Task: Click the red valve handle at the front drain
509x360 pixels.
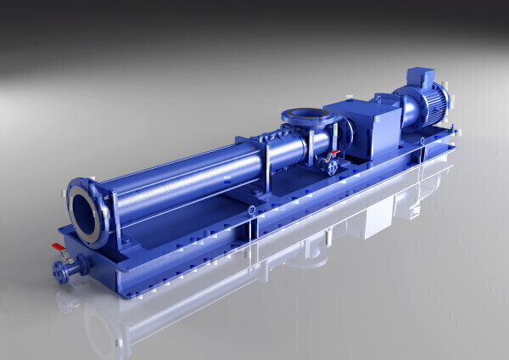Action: click(57, 247)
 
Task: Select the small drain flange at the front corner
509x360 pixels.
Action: click(61, 271)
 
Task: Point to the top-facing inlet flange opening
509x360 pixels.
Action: click(303, 114)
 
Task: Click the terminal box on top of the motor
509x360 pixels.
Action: click(422, 79)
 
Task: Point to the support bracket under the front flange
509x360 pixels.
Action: click(119, 241)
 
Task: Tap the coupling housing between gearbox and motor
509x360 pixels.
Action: click(399, 110)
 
